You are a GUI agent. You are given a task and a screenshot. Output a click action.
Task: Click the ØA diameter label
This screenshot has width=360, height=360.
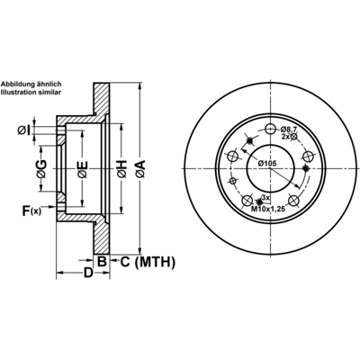140,169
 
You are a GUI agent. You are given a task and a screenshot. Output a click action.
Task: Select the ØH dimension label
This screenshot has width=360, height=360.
122,169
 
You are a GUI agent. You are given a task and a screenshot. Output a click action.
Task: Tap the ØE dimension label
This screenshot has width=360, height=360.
82,170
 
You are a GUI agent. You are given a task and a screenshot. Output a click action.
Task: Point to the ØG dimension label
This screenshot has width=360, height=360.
42,169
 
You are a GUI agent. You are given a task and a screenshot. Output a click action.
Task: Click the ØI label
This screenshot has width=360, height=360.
24,130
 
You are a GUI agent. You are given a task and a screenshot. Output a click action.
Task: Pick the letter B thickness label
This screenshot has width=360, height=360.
102,262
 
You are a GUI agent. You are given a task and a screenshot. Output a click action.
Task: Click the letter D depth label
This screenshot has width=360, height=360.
88,273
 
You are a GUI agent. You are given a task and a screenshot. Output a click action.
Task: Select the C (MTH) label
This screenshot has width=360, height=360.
148,262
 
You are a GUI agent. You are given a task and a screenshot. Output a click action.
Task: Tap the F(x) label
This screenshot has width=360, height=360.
31,211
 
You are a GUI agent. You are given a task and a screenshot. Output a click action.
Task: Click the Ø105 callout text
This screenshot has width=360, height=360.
266,164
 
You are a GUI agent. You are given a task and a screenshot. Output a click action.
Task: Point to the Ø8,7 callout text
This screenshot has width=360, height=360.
289,130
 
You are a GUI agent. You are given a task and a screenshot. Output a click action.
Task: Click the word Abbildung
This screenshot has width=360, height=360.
16,84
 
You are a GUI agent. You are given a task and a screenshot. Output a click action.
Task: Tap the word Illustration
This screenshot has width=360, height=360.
15,93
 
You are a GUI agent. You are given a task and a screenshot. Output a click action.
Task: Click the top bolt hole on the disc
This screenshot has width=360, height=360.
271,130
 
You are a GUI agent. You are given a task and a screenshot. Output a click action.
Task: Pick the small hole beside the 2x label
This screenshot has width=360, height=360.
293,137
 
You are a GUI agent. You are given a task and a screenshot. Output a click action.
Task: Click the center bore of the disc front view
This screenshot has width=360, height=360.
270,168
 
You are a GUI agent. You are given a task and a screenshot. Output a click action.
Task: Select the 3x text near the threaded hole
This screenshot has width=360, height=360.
265,198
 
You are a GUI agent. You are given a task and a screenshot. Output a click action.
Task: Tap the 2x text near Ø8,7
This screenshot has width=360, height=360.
285,137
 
